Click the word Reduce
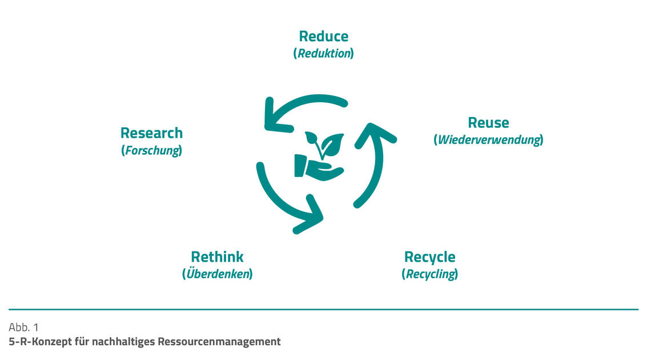323,37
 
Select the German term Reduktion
323,54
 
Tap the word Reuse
488,123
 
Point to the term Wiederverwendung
488,140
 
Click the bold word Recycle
429,257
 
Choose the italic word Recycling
429,274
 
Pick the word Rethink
217,257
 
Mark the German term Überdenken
217,274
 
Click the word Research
151,133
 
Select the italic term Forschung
151,151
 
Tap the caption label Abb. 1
24,327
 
